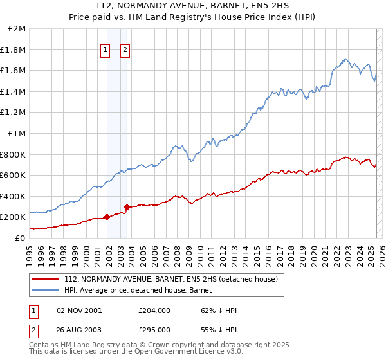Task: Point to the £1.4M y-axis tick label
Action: (x=14, y=91)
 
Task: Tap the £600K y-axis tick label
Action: (x=14, y=175)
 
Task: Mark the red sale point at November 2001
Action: (x=107, y=217)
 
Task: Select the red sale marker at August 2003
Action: (x=127, y=207)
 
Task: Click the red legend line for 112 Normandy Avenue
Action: (x=46, y=279)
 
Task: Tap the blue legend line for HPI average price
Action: (x=46, y=290)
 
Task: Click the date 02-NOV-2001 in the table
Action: (x=80, y=310)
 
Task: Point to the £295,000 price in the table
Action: (x=154, y=329)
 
